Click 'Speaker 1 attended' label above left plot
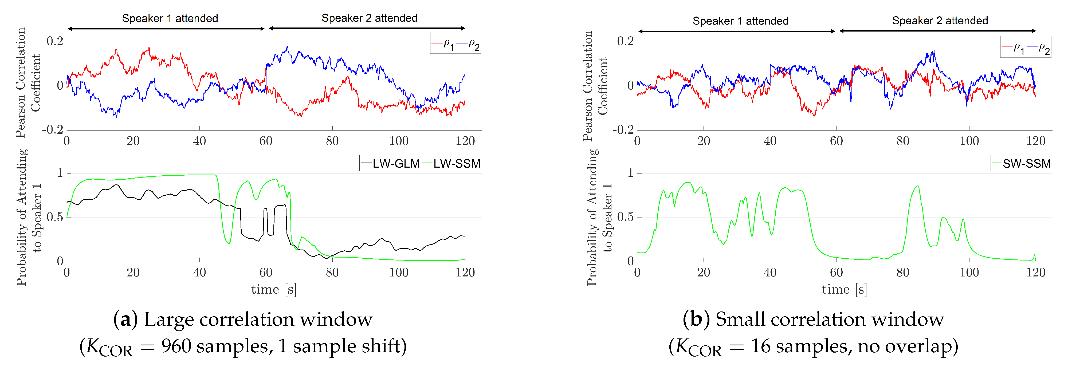click(x=170, y=18)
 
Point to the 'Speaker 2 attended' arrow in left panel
click(x=367, y=28)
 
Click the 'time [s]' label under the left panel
click(x=273, y=289)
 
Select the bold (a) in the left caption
click(x=125, y=319)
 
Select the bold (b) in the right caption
click(x=696, y=319)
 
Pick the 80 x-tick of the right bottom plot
click(x=903, y=272)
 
